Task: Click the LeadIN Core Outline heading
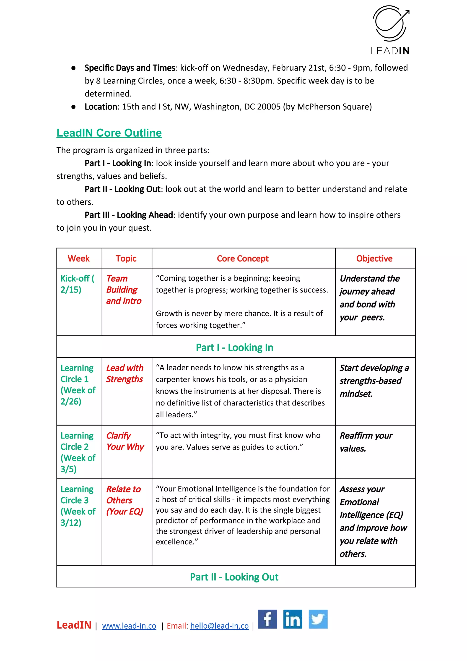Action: tap(109, 133)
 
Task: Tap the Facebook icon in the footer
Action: tap(267, 619)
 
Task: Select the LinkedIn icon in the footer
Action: tap(293, 619)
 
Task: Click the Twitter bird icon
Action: tap(318, 619)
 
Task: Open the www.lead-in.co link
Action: tap(129, 626)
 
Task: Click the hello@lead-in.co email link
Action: tap(220, 626)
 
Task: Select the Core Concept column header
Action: tap(243, 259)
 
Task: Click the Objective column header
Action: tap(374, 259)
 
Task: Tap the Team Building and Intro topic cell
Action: tap(124, 290)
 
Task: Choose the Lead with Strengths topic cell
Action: tap(125, 374)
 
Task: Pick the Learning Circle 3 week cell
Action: tap(78, 506)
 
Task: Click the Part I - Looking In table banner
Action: tap(234, 347)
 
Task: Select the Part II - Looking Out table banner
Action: tap(234, 577)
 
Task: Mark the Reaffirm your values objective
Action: tap(366, 442)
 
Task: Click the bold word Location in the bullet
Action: tap(101, 107)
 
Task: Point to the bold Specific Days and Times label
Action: tap(130, 68)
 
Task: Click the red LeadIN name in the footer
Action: tap(74, 625)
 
